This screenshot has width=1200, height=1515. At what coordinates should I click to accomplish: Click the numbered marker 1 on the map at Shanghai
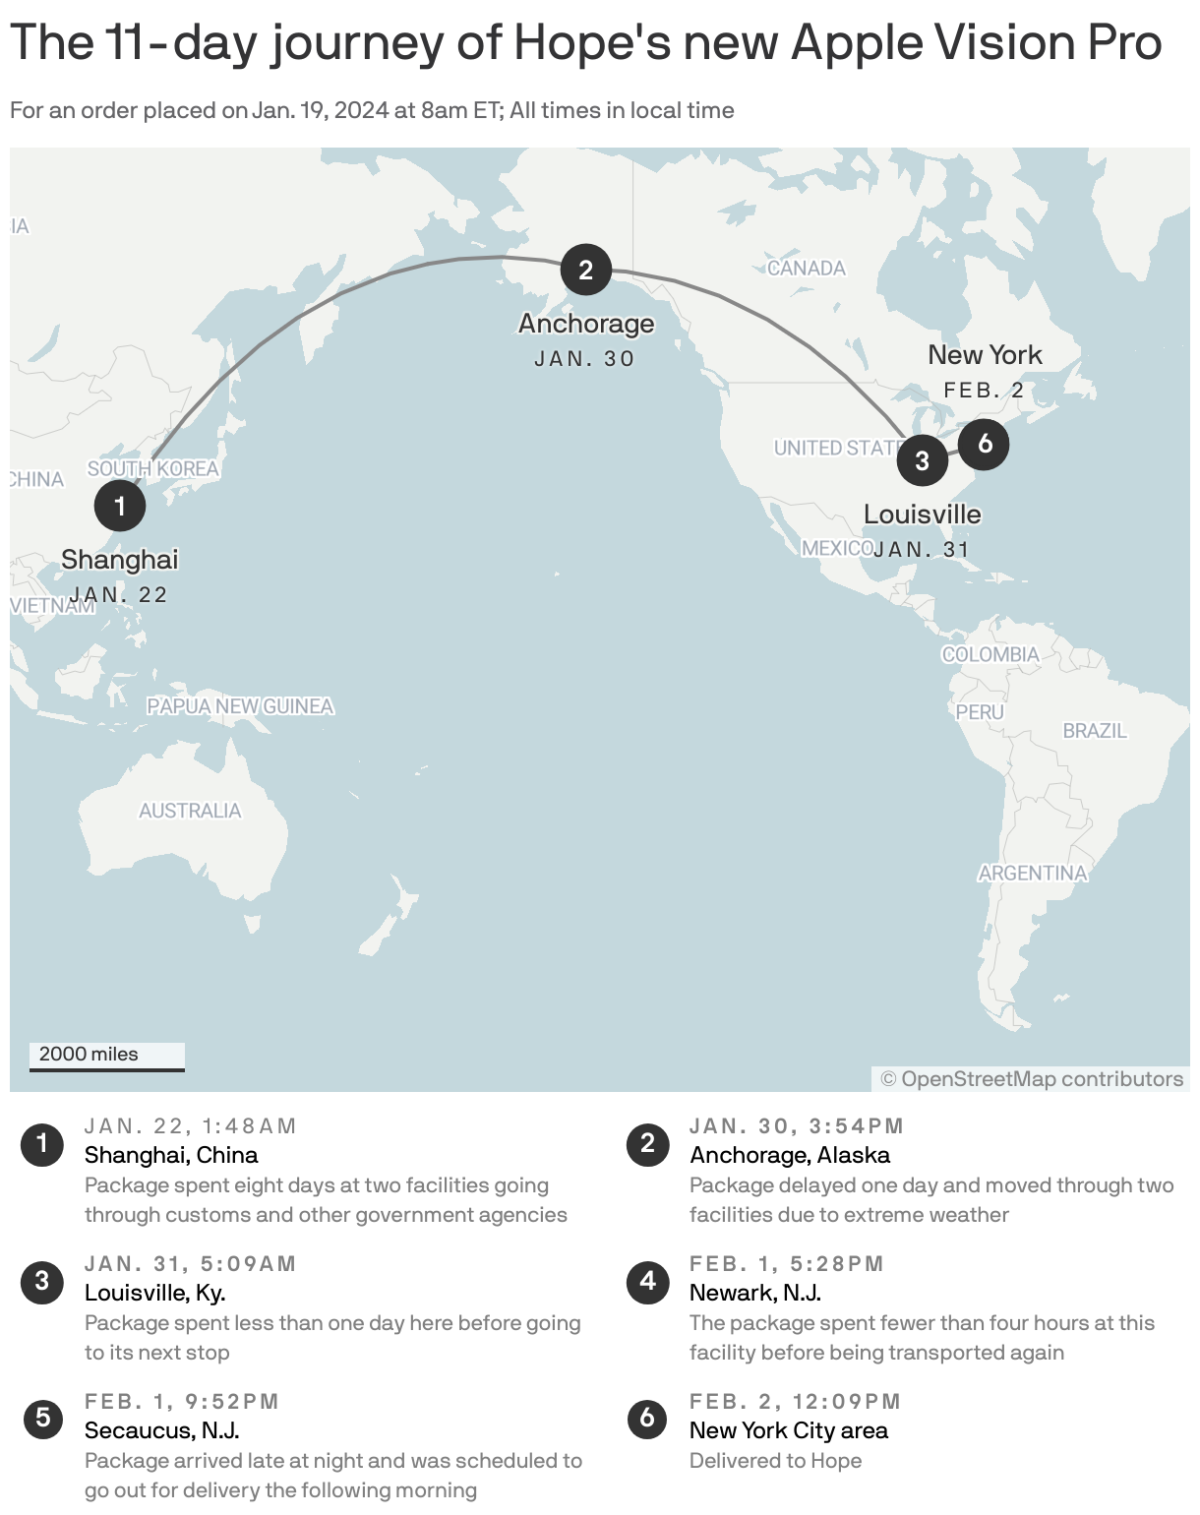[x=120, y=506]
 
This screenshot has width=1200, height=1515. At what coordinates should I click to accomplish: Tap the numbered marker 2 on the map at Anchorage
[x=586, y=270]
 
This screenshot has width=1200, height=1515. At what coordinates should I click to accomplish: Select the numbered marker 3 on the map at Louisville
[x=922, y=460]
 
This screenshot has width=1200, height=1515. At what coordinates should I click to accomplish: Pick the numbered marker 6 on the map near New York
[x=985, y=444]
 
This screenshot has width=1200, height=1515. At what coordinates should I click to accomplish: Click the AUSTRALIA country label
[x=190, y=811]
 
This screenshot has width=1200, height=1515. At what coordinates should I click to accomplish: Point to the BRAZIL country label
[x=1095, y=731]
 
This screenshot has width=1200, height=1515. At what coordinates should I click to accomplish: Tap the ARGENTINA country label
[x=1033, y=873]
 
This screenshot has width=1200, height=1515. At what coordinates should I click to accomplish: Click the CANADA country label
[x=807, y=268]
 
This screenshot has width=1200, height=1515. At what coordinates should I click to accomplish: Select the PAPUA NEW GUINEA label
[x=240, y=706]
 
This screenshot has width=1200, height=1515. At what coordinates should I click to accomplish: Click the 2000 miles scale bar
[x=106, y=1056]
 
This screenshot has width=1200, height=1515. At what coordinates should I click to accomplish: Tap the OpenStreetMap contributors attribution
[x=1032, y=1079]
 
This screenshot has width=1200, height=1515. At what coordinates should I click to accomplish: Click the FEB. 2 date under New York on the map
[x=985, y=391]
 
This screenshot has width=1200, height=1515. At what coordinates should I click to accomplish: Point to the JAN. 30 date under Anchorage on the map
[x=585, y=359]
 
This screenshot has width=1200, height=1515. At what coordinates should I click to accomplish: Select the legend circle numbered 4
[x=647, y=1281]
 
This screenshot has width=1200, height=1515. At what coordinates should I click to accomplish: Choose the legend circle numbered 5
[x=42, y=1418]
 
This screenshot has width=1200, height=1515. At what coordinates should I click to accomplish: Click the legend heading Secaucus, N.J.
[x=162, y=1430]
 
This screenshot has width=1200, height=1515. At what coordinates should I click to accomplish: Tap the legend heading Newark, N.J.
[x=755, y=1293]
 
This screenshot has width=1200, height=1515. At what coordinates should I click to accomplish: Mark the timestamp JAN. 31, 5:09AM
[x=191, y=1264]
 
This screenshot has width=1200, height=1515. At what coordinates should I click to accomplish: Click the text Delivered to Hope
[x=775, y=1461]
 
